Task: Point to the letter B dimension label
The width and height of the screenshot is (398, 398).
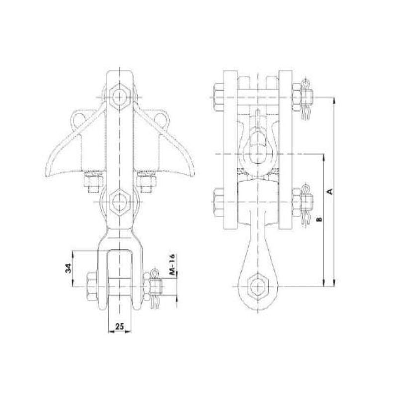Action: tap(319, 219)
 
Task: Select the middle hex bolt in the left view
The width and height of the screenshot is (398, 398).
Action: tap(119, 201)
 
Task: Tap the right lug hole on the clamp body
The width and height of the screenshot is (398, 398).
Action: tap(160, 119)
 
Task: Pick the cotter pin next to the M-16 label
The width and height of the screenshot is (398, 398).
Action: tap(157, 287)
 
